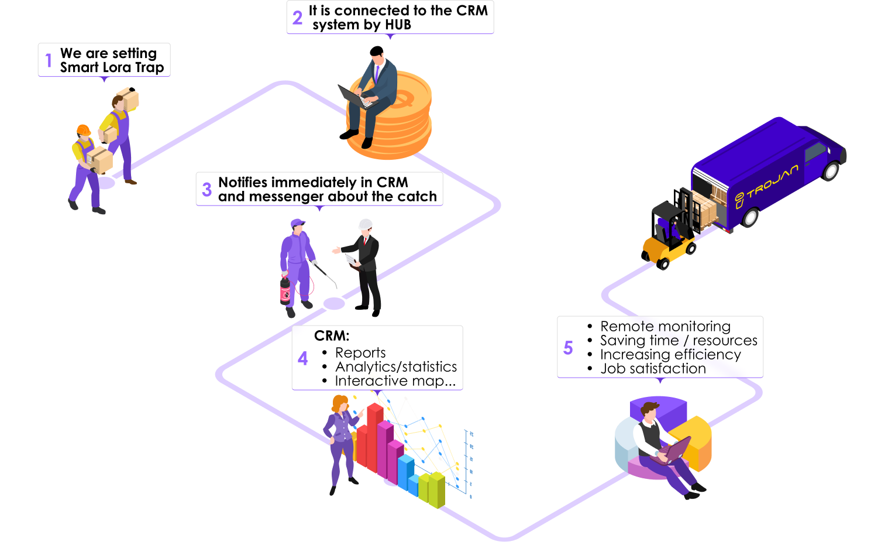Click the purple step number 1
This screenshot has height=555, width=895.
tap(49, 60)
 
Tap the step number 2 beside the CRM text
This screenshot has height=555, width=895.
tap(298, 18)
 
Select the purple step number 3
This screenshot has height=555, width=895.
tap(206, 190)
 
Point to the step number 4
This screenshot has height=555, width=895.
tap(302, 358)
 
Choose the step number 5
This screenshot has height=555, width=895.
tap(568, 348)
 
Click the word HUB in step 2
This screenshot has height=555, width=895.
tap(398, 25)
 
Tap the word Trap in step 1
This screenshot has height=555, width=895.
tap(149, 68)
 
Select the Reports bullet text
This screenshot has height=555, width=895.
tap(360, 353)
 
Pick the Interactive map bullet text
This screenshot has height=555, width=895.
tap(395, 381)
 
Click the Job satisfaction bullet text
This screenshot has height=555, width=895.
tap(653, 369)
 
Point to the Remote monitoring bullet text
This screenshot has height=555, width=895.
tap(665, 326)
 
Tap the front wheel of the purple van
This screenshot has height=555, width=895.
tap(831, 171)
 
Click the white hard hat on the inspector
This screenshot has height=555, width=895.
tap(366, 224)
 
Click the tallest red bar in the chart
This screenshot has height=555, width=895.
tap(374, 436)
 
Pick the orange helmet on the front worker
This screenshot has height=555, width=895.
tap(84, 129)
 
